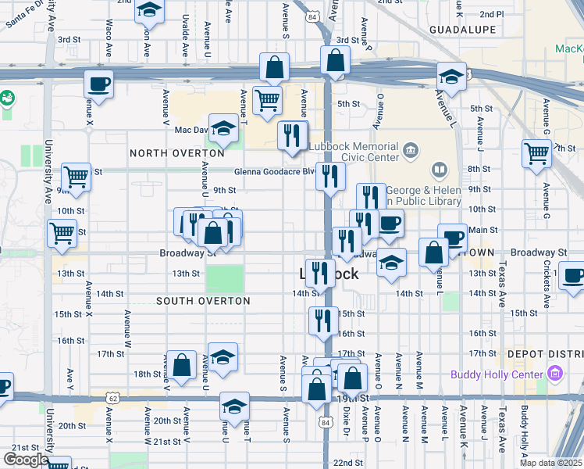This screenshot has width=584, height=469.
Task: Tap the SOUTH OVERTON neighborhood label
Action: pos(203,301)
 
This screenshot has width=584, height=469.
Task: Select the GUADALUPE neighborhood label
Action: pos(462,30)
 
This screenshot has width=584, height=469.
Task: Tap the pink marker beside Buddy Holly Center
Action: pos(555,374)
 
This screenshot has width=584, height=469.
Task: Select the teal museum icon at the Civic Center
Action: pos(411,149)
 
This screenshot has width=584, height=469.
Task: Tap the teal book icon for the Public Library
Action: pos(440,170)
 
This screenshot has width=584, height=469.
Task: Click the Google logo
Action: pos(25,460)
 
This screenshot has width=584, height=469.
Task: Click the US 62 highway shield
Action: pos(115,398)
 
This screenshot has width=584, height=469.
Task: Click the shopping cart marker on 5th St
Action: pos(267,100)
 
